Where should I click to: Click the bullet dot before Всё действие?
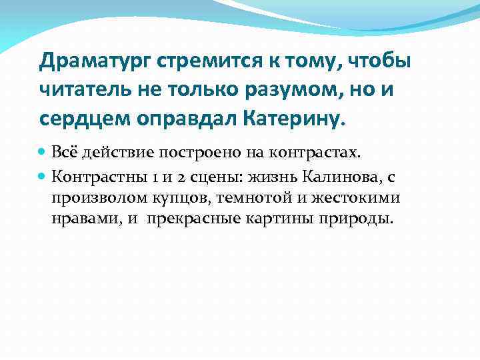(43, 152)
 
